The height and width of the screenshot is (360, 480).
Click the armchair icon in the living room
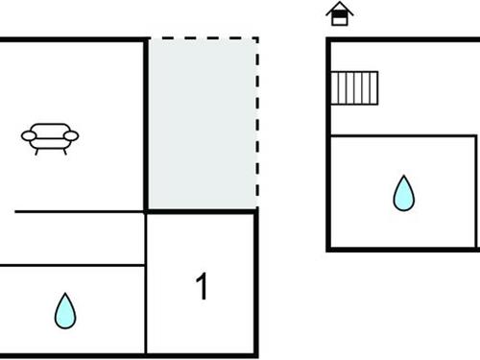click(50, 138)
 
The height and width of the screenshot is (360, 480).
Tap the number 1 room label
click(202, 287)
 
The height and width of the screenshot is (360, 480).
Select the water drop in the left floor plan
click(64, 310)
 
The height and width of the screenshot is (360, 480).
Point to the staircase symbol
click(354, 87)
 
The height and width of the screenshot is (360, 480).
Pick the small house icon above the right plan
click(339, 13)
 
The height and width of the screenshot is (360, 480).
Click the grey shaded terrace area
click(202, 123)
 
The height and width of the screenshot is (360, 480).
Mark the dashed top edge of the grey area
click(202, 38)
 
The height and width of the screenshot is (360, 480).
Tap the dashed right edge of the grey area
click(257, 123)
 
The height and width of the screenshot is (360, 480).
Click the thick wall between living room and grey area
click(146, 123)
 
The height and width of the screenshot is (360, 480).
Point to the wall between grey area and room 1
click(202, 211)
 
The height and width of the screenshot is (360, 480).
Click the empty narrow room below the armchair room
click(72, 238)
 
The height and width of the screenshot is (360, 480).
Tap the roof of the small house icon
click(339, 8)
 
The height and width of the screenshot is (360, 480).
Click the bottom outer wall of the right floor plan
click(403, 251)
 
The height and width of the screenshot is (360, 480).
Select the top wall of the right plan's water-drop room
click(403, 135)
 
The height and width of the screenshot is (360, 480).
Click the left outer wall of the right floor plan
click(328, 144)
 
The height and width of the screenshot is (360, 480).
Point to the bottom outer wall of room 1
click(202, 354)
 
